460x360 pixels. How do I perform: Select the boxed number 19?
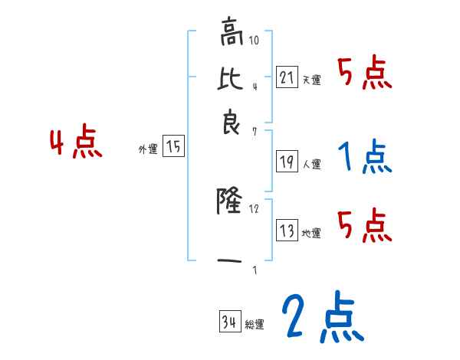[x=287, y=161]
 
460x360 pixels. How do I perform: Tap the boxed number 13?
[x=287, y=230]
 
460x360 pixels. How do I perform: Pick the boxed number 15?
[x=174, y=146]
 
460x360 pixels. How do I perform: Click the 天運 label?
[x=311, y=79]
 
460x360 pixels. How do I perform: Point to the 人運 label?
[x=311, y=164]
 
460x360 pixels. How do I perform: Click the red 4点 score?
[x=75, y=143]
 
